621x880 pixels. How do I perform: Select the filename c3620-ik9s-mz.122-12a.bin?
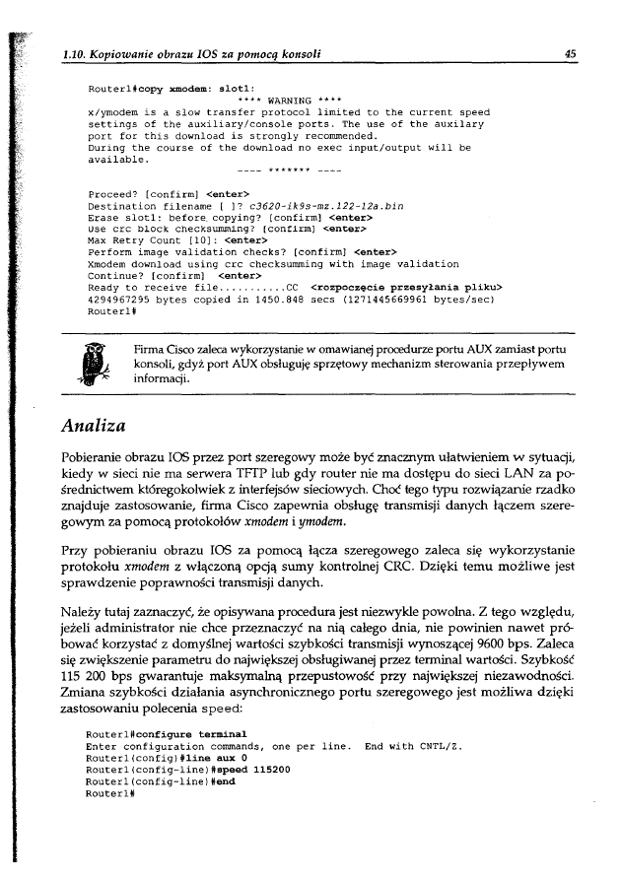pos(327,207)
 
